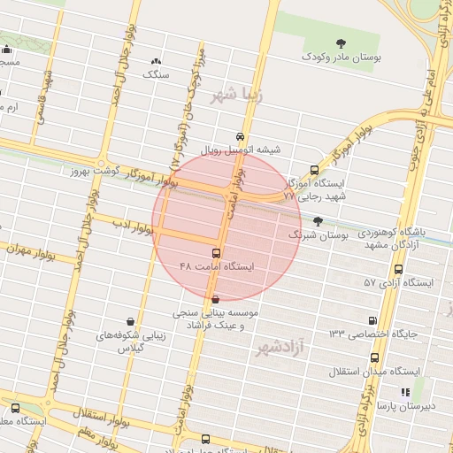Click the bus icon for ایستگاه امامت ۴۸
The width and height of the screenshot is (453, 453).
click(205, 253)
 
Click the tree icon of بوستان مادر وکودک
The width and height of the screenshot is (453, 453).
click(342, 42)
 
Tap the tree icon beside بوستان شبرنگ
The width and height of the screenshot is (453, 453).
click(318, 221)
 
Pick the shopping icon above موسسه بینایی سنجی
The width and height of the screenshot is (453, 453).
click(216, 300)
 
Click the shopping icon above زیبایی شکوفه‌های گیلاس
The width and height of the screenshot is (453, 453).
click(131, 321)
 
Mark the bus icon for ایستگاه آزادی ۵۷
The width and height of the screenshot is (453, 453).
click(399, 269)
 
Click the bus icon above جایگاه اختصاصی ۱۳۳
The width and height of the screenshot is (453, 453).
click(370, 320)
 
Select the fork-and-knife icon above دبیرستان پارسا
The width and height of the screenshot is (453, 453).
click(405, 392)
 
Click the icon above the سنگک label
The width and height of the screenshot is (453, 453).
click(157, 61)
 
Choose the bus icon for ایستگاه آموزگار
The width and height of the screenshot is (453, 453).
click(314, 171)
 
